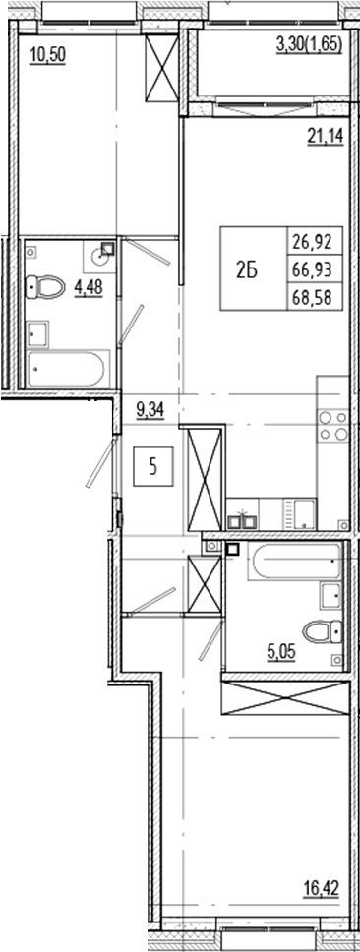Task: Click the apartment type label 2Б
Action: (x=248, y=272)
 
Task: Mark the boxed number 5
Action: (x=152, y=467)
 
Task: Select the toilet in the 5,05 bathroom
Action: (x=324, y=631)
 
